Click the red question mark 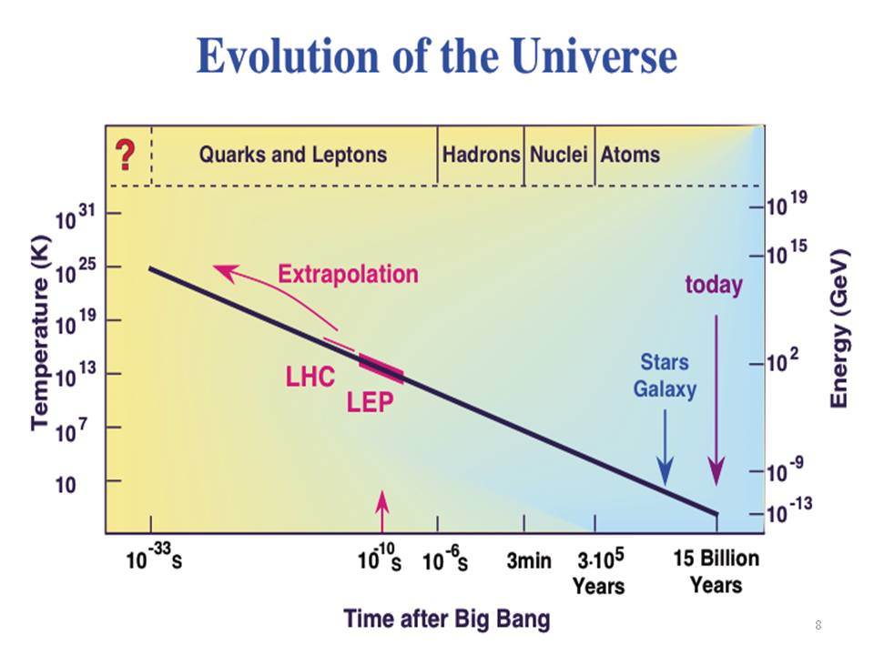[126, 156]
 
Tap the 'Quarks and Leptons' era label [293, 155]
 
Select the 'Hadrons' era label [481, 155]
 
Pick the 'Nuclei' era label [558, 155]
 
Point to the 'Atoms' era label [630, 155]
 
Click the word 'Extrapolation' [348, 274]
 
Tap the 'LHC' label [310, 377]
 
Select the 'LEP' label [371, 402]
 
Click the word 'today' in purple [714, 285]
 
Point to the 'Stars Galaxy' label [665, 376]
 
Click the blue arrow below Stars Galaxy [665, 448]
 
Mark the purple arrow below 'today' [716, 400]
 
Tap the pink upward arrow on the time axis [381, 512]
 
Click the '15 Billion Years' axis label [716, 571]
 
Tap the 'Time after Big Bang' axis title [446, 620]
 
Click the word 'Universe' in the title [594, 55]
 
